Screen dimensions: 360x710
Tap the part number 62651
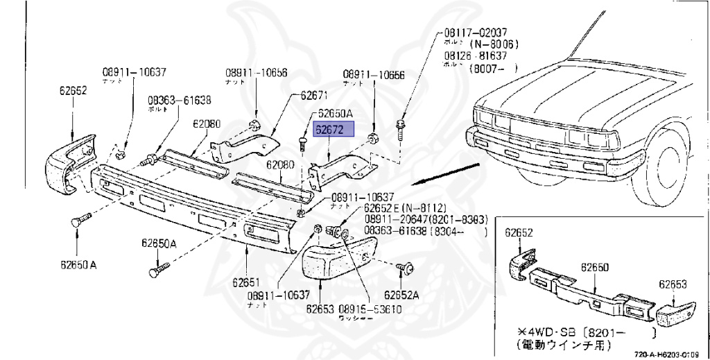245,282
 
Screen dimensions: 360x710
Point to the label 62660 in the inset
594,266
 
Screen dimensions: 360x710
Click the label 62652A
403,294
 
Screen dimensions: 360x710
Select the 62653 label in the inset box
672,284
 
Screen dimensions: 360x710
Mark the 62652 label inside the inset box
518,232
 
